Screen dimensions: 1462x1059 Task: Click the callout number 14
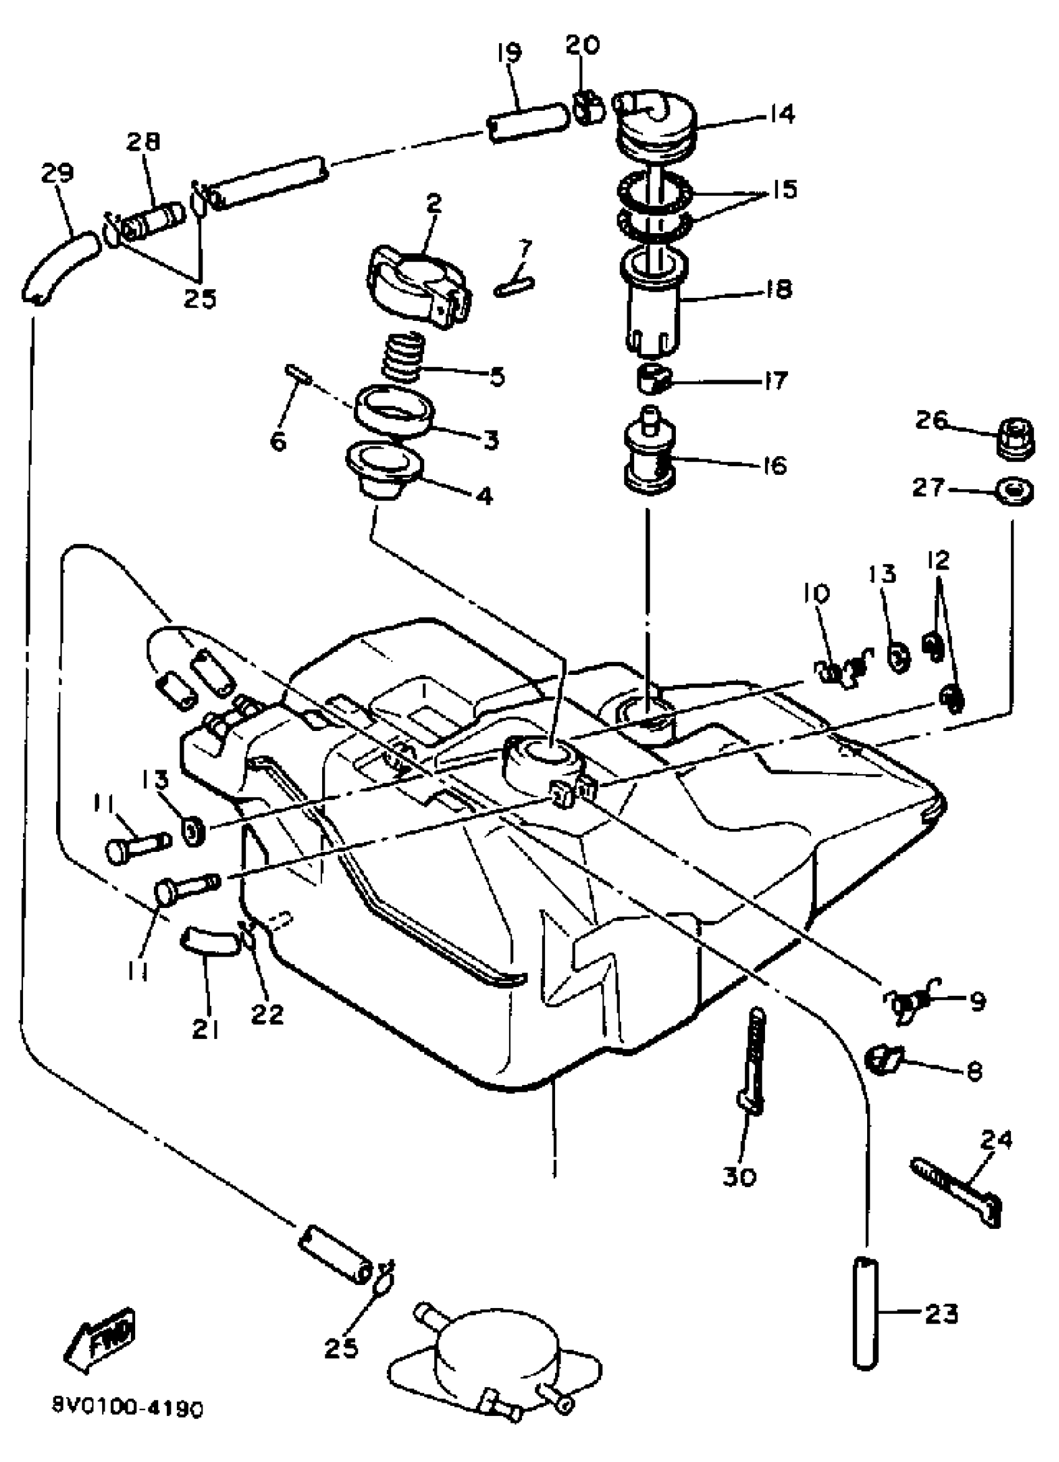[781, 115]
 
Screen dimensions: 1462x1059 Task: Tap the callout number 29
[57, 173]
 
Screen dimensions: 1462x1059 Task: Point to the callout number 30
[739, 1177]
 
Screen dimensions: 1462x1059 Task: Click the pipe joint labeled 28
[153, 220]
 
